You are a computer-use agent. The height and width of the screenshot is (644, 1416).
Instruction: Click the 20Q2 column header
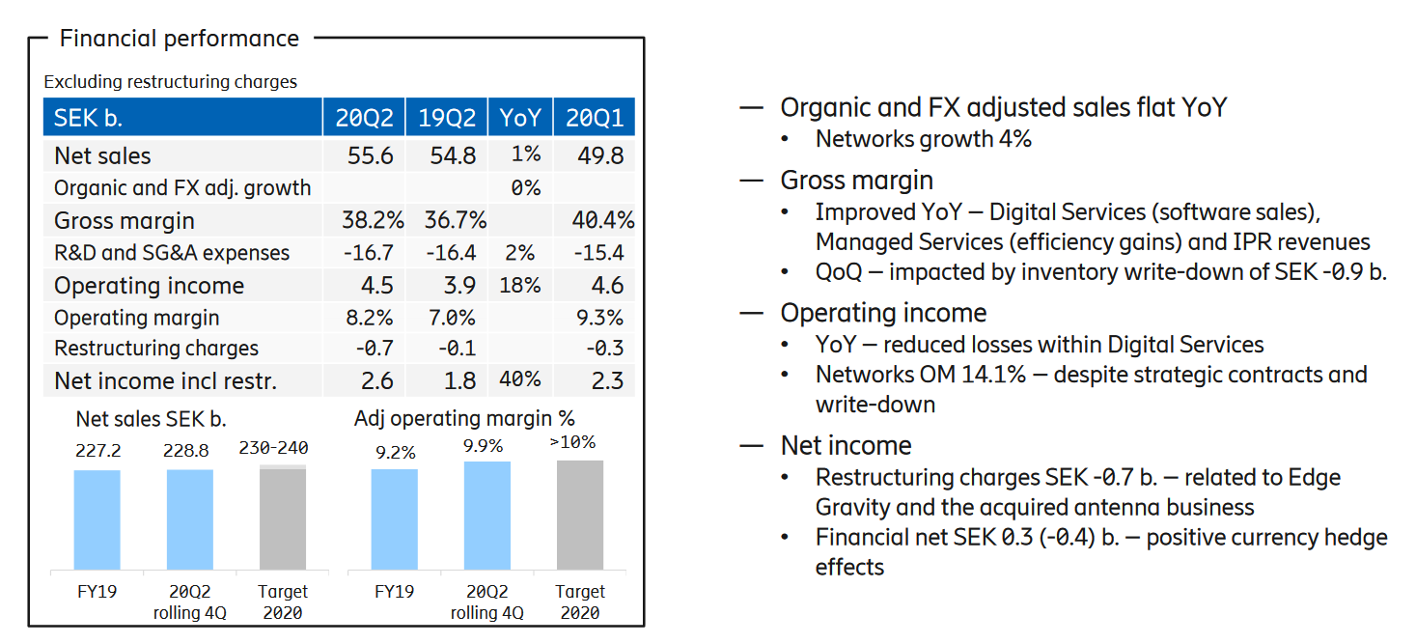pyautogui.click(x=364, y=118)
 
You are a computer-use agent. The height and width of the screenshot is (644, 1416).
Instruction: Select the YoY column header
pyautogui.click(x=519, y=118)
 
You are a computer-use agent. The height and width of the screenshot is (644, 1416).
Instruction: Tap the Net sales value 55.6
pyautogui.click(x=370, y=155)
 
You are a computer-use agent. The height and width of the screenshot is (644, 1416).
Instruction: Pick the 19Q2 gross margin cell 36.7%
pyautogui.click(x=455, y=220)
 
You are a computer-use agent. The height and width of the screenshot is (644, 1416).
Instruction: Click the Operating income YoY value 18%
pyautogui.click(x=519, y=286)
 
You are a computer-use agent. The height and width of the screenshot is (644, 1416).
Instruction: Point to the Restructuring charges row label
pyautogui.click(x=156, y=349)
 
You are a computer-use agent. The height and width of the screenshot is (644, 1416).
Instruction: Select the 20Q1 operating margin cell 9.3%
pyautogui.click(x=597, y=318)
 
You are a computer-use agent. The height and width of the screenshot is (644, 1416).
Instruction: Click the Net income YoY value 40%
pyautogui.click(x=519, y=380)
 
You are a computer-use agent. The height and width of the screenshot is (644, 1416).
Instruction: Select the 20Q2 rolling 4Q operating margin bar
pyautogui.click(x=487, y=516)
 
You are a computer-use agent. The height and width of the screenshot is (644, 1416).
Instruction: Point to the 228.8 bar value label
pyautogui.click(x=189, y=451)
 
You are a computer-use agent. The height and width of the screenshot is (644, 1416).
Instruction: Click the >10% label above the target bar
pyautogui.click(x=572, y=443)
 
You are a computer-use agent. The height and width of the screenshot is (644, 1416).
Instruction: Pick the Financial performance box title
pyautogui.click(x=180, y=39)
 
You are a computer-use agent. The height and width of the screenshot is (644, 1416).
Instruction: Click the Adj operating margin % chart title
pyautogui.click(x=464, y=418)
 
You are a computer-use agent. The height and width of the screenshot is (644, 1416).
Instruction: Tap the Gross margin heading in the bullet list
pyautogui.click(x=856, y=181)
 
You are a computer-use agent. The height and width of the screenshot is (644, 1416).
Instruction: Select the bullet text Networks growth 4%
pyautogui.click(x=923, y=139)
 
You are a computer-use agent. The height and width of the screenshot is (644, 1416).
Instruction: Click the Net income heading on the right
pyautogui.click(x=846, y=445)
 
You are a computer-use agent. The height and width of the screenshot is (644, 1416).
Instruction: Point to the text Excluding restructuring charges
pyautogui.click(x=170, y=82)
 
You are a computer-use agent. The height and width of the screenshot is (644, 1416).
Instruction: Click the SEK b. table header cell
pyautogui.click(x=89, y=118)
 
